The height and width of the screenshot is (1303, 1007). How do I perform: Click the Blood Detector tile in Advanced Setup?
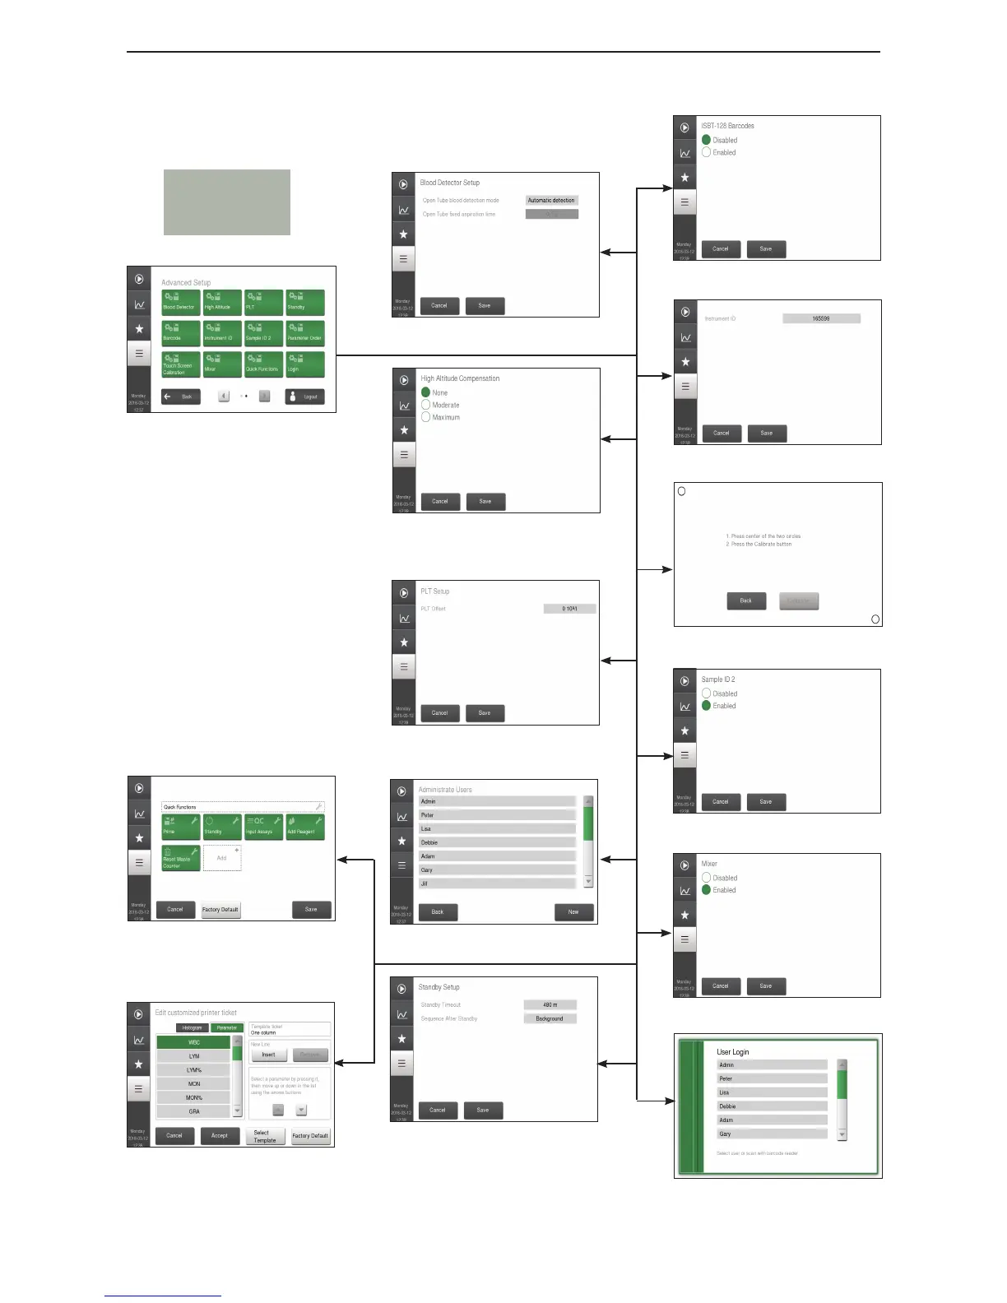click(180, 302)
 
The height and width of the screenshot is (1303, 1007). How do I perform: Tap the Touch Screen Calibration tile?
click(180, 364)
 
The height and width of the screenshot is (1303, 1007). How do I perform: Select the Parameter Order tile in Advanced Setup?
click(304, 333)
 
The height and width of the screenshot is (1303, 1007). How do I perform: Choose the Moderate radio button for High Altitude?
click(426, 405)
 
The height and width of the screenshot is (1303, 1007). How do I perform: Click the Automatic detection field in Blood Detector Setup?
click(551, 200)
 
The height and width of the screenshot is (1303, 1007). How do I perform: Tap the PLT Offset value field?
click(569, 609)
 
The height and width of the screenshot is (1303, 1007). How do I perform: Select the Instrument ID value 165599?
click(820, 318)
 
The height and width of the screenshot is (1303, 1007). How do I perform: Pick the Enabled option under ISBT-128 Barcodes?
click(707, 152)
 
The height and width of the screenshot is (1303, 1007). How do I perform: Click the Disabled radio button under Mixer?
click(707, 878)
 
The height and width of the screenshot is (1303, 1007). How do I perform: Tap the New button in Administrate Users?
click(573, 911)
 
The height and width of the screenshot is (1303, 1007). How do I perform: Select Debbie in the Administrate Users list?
click(496, 842)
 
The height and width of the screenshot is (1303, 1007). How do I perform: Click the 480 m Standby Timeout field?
click(550, 1004)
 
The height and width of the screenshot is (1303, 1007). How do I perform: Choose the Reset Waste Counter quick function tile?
click(180, 858)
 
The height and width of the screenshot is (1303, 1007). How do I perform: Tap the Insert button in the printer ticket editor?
click(268, 1055)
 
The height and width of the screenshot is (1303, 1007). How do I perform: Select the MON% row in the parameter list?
click(194, 1097)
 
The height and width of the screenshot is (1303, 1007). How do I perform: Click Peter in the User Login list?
click(771, 1078)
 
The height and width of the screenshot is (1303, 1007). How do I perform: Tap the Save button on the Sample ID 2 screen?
click(765, 801)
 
